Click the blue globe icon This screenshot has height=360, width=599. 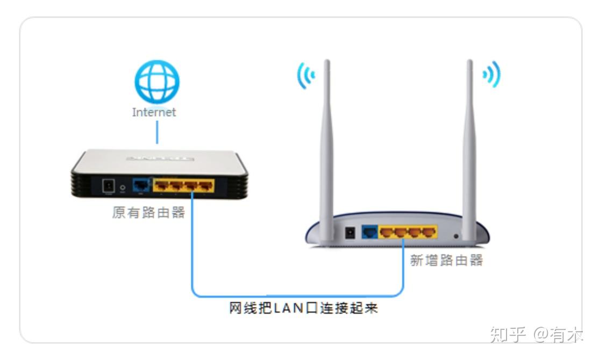coord(156,82)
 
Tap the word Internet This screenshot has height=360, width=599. coord(154,112)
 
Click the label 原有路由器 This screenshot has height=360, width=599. coord(148,213)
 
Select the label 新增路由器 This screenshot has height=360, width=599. coord(446,261)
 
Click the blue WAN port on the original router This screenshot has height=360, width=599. coord(141,186)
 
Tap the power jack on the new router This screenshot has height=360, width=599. coord(350,233)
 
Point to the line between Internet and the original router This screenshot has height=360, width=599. coord(157,132)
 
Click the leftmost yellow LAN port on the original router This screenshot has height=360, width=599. coord(162,186)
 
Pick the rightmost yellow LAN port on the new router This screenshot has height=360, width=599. coord(428,233)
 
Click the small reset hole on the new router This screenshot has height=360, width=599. coord(457,235)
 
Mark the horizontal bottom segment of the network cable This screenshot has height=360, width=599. coord(298,296)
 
